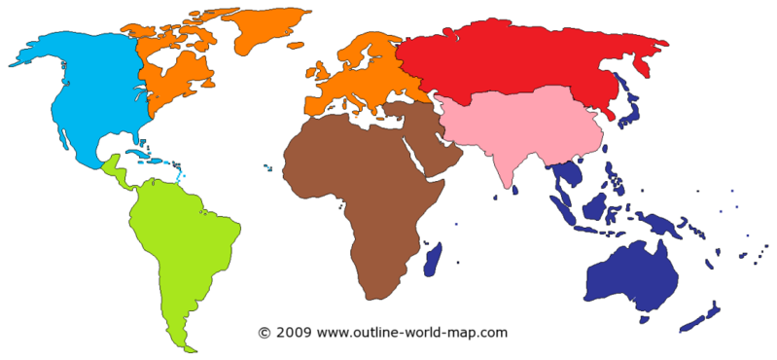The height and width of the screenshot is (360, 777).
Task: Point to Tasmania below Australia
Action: point(643,317)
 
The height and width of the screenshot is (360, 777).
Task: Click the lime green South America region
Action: point(185,243)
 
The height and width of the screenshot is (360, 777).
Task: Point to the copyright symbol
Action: point(264,333)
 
